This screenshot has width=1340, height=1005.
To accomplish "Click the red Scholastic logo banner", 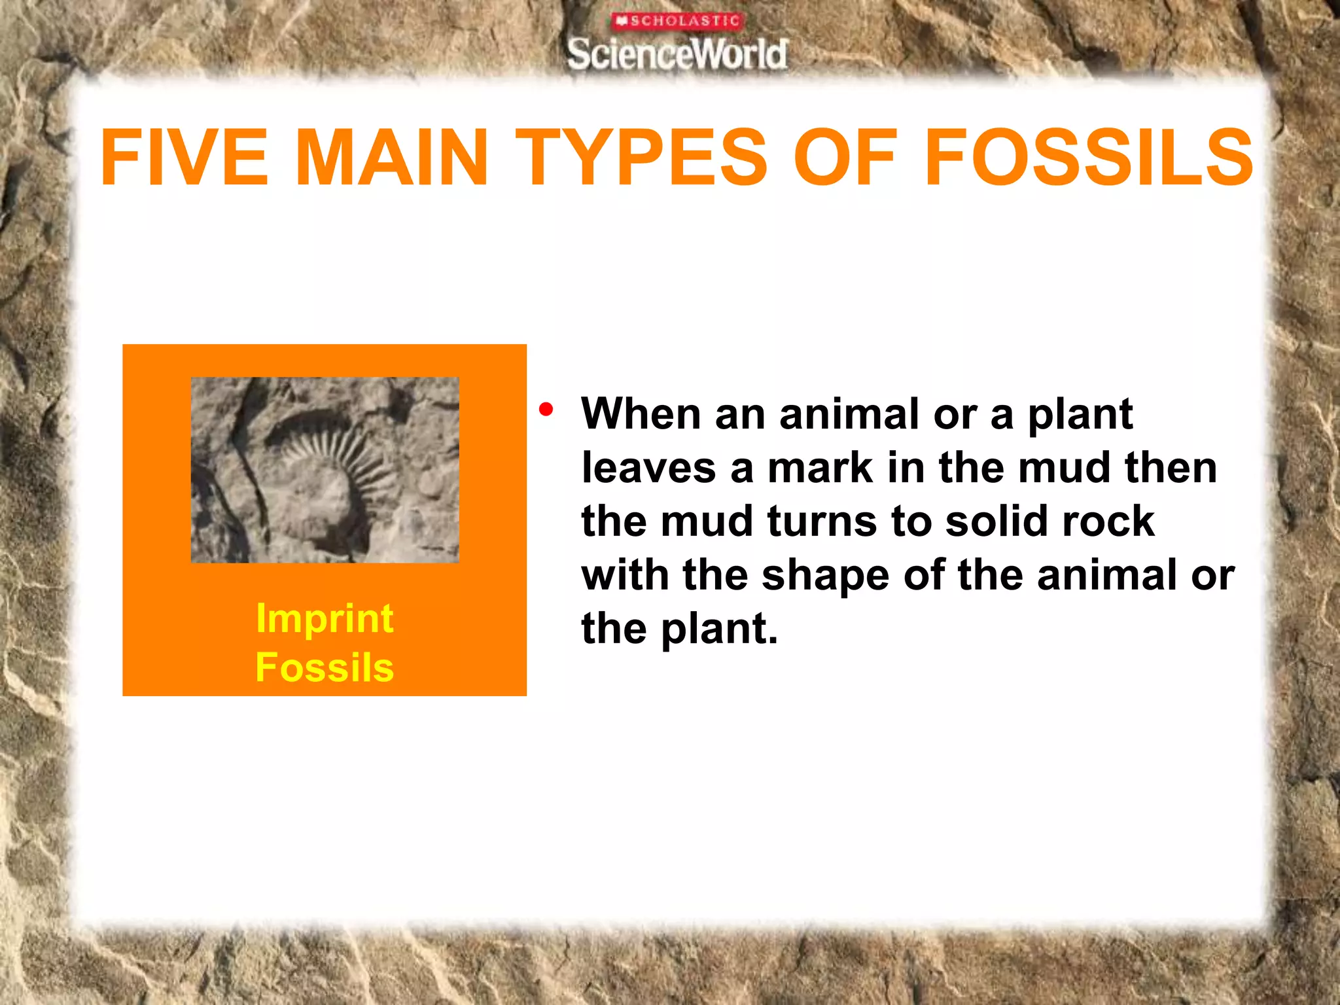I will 678,21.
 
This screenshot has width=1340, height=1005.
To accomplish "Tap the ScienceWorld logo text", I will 678,54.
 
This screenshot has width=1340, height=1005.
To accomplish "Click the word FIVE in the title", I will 184,157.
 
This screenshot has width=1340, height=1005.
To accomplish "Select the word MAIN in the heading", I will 391,157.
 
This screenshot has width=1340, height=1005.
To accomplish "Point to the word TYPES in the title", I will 641,157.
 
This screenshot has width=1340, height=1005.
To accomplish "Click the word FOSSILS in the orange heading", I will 1088,157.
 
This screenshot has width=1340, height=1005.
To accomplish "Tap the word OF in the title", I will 844,157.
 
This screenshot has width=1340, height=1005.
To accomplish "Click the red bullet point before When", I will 546,410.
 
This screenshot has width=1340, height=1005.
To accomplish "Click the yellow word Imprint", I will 325,618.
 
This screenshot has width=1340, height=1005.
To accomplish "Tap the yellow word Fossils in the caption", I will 325,668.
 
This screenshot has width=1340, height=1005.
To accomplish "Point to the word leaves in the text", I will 648,468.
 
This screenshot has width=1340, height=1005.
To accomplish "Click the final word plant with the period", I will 719,630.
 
